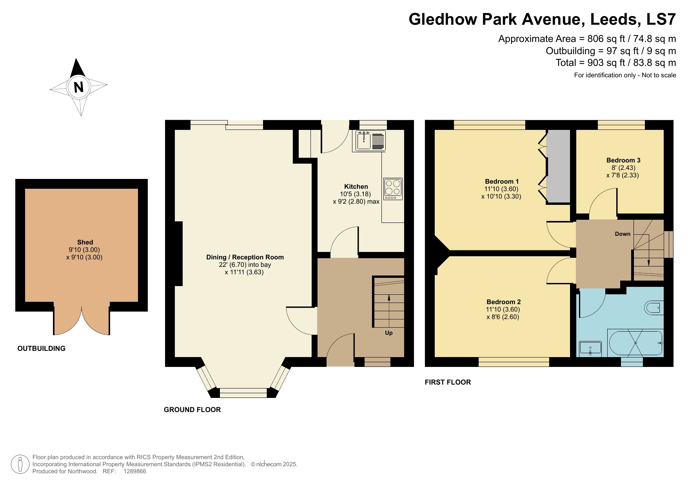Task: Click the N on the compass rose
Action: tap(78, 87)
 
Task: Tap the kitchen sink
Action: tap(370, 141)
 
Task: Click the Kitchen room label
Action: tap(356, 186)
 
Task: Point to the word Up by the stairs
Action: tap(388, 333)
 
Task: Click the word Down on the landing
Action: tap(623, 234)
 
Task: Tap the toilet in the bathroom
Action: tap(654, 308)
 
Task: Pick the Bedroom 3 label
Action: tap(623, 160)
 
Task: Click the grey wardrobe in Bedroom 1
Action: tap(558, 166)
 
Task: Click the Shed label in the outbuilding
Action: tap(85, 242)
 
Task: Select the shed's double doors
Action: tap(82, 320)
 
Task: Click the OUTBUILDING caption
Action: tap(41, 348)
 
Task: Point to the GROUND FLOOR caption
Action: tap(192, 410)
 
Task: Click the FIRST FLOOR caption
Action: tap(448, 382)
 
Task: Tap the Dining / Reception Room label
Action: tap(245, 257)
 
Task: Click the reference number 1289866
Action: tap(134, 471)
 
